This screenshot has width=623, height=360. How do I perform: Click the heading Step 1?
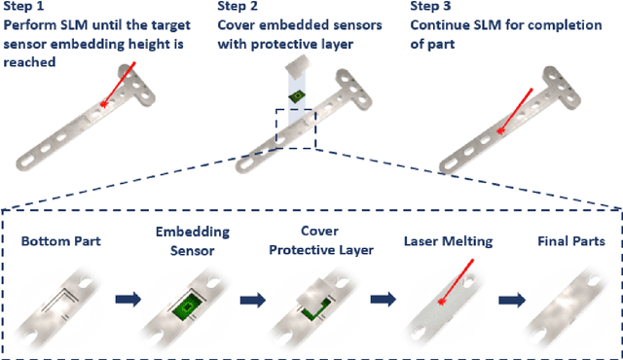coord(26,6)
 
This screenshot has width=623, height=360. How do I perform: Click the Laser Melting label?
coord(447,239)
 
